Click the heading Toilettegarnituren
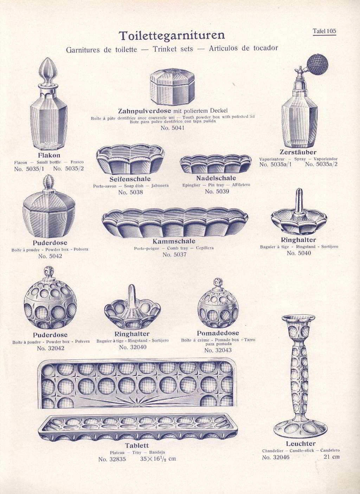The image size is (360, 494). click(172, 35)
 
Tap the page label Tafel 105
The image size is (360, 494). click(324, 31)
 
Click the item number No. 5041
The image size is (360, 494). click(172, 128)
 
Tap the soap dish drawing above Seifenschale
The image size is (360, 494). click(130, 159)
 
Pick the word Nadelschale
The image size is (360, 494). click(216, 178)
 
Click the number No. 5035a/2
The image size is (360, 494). click(321, 164)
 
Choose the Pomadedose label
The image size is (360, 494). click(218, 333)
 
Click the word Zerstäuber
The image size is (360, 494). click(298, 152)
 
